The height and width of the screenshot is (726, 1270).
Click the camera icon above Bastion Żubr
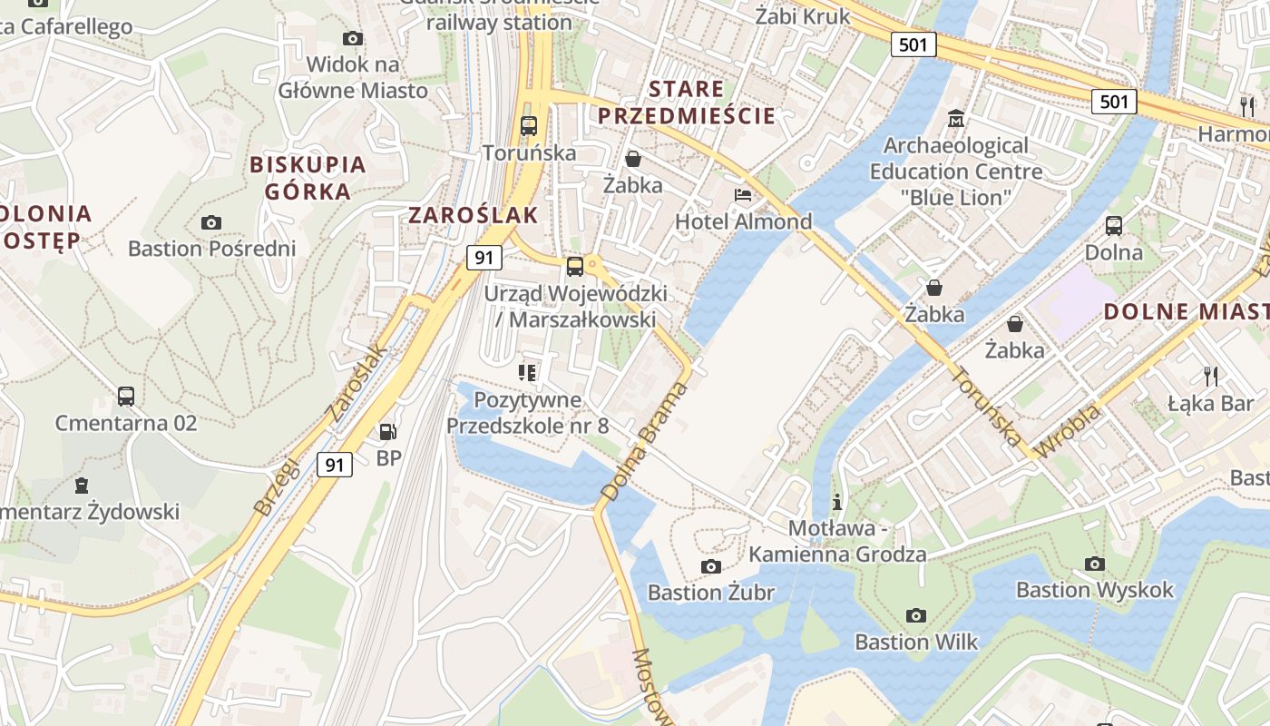[711, 567]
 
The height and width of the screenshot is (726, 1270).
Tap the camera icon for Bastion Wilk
[916, 616]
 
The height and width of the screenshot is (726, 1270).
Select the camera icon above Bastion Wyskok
[1095, 564]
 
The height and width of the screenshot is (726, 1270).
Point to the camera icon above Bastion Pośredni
[211, 222]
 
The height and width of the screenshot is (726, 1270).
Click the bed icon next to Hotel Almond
[743, 195]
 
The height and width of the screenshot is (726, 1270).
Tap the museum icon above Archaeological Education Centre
[956, 119]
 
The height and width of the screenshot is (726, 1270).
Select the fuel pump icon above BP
[388, 432]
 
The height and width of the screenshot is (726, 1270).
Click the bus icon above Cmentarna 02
[126, 397]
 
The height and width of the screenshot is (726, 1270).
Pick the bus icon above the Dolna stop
[1114, 226]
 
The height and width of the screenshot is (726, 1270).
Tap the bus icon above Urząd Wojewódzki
[575, 267]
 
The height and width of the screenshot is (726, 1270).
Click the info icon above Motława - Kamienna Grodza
[837, 502]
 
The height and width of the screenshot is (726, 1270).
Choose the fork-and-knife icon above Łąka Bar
[1210, 376]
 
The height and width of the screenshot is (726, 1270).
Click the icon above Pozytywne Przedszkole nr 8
[527, 372]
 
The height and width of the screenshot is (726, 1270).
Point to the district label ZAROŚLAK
[473, 215]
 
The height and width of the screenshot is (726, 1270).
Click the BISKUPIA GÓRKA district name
[308, 178]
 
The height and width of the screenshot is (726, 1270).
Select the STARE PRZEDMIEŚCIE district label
[687, 103]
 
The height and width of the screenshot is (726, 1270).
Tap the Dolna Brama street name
[644, 442]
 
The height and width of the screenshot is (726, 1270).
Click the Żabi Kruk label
[803, 16]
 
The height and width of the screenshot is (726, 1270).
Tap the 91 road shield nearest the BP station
[335, 465]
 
